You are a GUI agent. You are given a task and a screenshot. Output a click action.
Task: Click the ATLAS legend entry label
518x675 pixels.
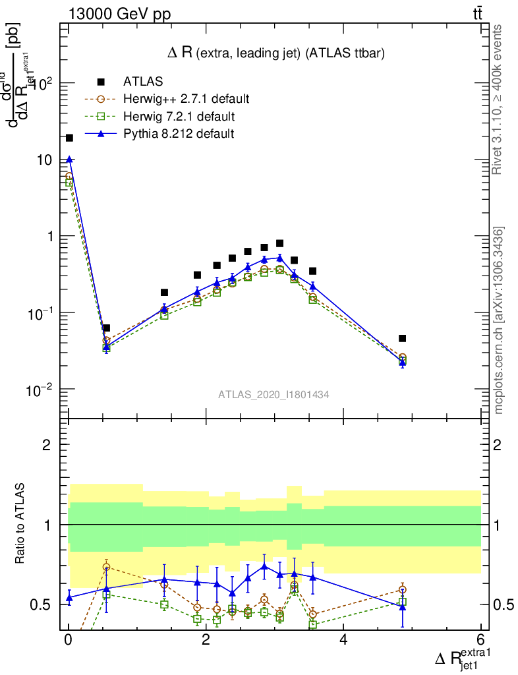143,82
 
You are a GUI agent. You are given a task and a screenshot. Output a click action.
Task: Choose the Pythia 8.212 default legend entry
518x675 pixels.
179,134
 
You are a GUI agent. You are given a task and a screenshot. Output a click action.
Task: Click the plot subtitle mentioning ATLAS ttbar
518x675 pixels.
276,53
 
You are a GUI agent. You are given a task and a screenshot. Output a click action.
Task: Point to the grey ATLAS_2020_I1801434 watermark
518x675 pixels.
273,394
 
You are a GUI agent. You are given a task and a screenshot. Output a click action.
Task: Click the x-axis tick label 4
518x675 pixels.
343,640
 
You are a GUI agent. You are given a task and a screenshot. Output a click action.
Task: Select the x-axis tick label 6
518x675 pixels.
480,640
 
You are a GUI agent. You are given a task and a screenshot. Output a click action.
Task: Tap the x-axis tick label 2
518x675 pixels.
206,640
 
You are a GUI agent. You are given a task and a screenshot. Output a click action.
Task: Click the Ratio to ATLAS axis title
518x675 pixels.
20,524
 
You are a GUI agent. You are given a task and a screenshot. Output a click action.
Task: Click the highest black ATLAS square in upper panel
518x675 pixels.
69,138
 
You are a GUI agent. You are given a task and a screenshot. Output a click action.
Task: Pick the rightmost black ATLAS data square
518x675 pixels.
402,338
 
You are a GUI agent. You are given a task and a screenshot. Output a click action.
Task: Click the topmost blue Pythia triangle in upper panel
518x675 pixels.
69,159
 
